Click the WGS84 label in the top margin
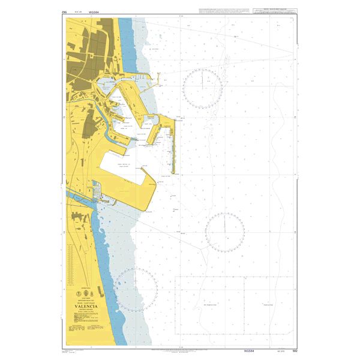pos(93,11)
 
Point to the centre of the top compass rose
pos(203,88)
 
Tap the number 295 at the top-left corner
pos(64,11)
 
